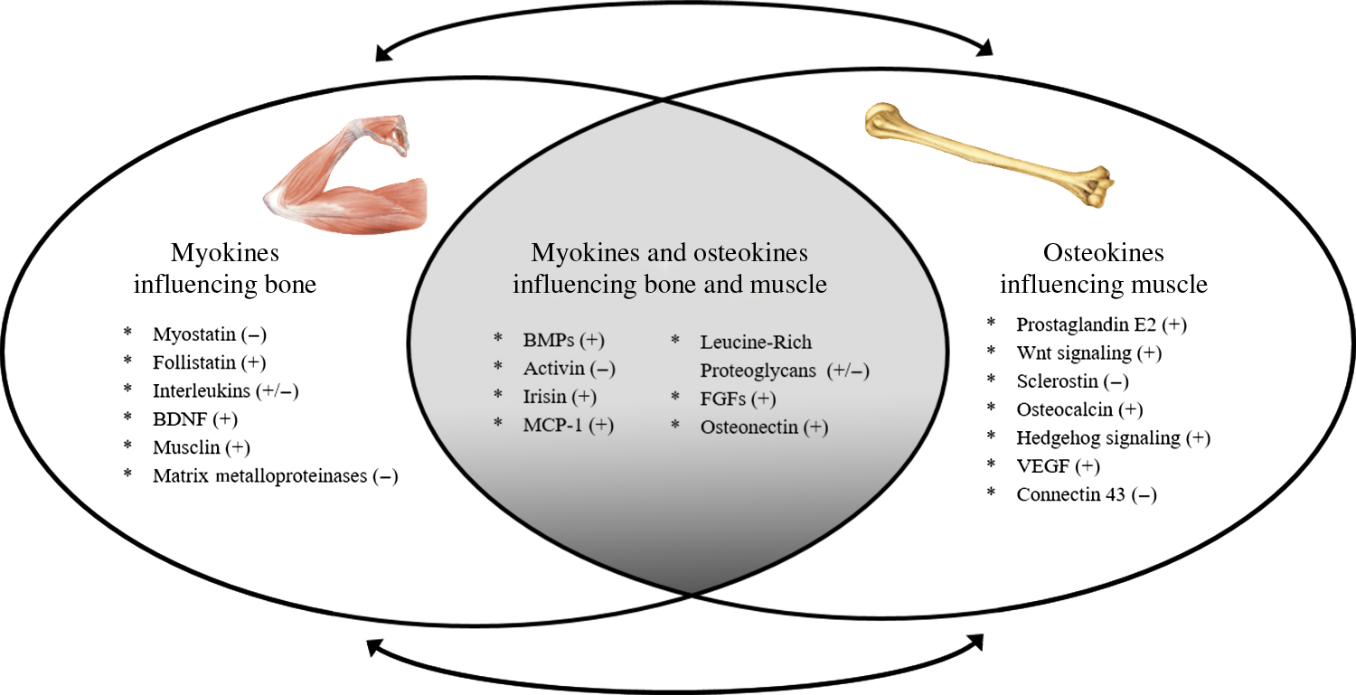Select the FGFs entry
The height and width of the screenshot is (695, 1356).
point(738,399)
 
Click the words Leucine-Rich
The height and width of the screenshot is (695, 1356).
point(756,343)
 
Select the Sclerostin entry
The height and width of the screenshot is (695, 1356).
point(1059,380)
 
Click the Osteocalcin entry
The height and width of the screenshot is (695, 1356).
point(1067,409)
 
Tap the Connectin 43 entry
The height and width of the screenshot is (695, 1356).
point(1072,495)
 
